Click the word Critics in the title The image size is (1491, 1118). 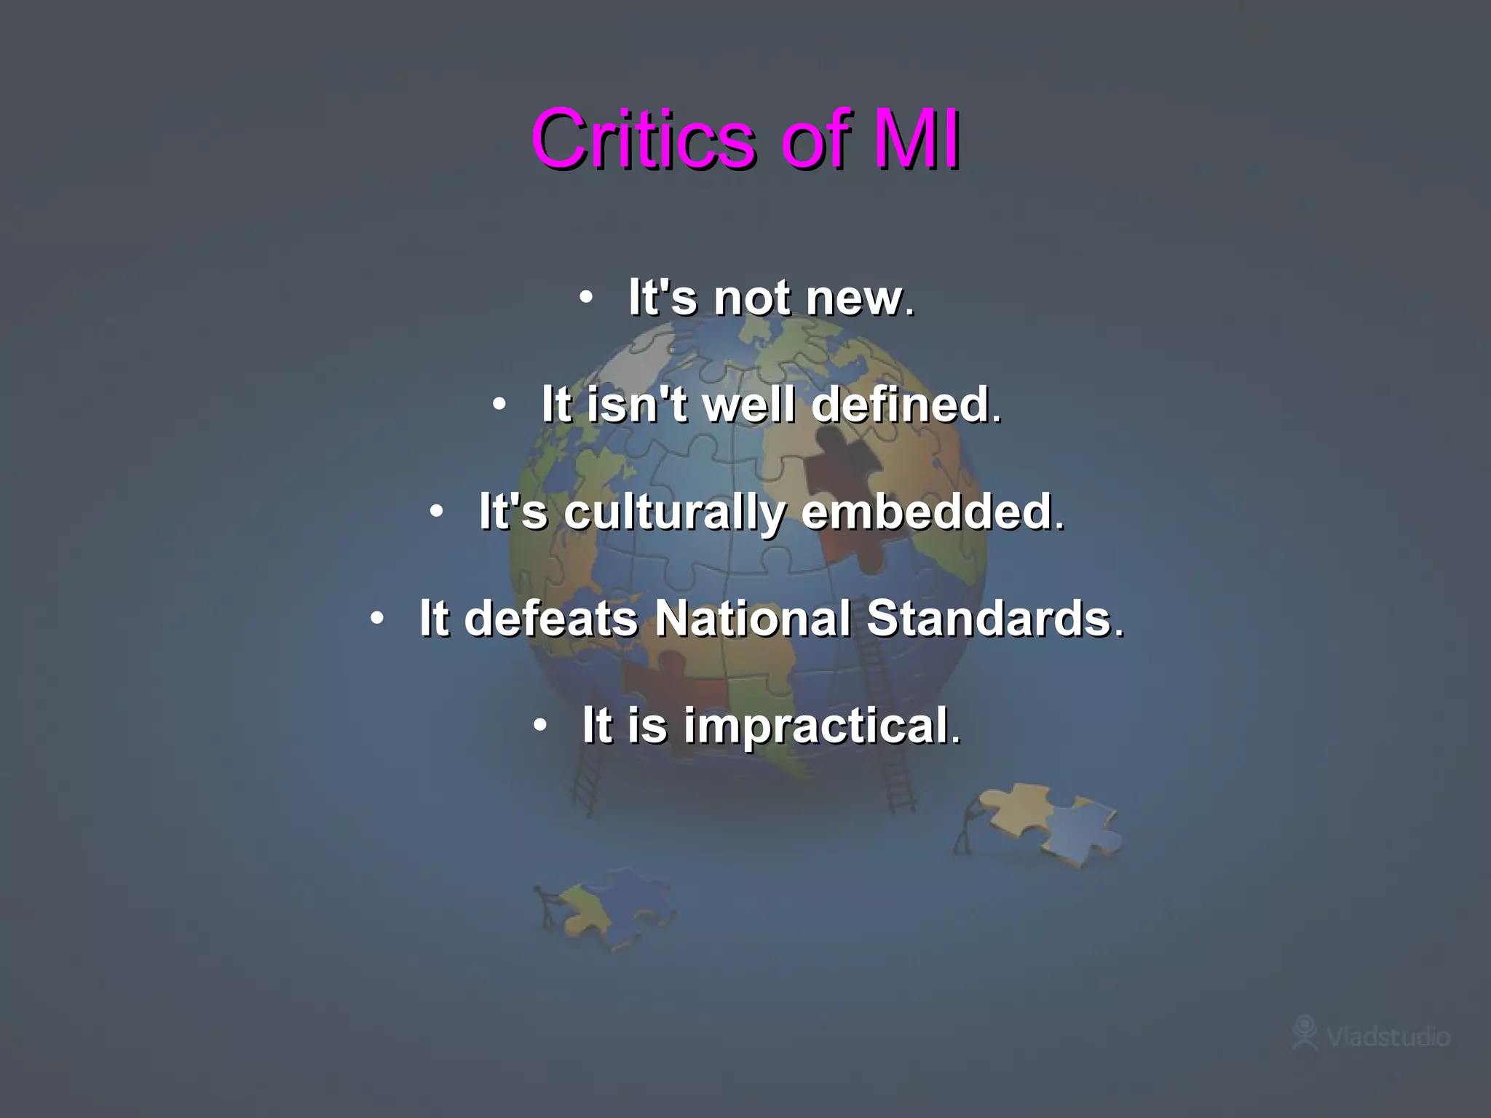coord(644,138)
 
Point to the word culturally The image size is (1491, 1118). coord(674,512)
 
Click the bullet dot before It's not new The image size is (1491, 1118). coord(586,297)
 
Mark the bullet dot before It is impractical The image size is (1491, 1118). coord(539,725)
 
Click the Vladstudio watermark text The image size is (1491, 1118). coord(1388,1036)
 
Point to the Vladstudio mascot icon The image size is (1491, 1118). coord(1305,1032)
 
